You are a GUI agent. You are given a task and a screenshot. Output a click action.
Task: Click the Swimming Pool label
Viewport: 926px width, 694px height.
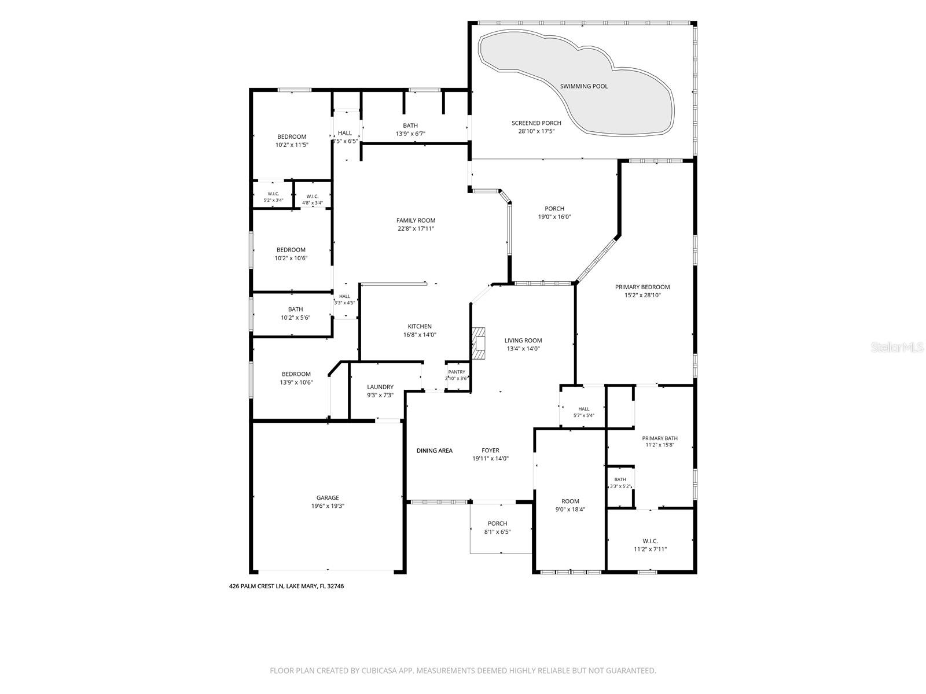point(583,86)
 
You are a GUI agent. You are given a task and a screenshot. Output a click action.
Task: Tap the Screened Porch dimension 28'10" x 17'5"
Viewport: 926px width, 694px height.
point(536,131)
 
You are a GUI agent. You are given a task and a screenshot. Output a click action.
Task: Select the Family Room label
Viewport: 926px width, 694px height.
point(416,220)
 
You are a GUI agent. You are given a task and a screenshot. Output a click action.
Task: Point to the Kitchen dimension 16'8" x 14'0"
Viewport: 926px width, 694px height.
point(420,335)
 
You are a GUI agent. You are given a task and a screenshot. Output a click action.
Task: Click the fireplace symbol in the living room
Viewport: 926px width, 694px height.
point(479,343)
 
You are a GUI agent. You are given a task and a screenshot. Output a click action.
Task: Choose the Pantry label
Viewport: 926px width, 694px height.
point(457,372)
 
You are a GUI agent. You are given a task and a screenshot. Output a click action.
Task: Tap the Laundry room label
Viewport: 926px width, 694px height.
point(380,387)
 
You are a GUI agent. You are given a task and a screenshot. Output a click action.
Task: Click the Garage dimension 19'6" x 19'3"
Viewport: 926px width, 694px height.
point(328,505)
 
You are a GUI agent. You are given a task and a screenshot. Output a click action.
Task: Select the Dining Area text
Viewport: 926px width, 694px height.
point(434,451)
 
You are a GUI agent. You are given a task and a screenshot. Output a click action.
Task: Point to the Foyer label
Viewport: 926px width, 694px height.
point(490,451)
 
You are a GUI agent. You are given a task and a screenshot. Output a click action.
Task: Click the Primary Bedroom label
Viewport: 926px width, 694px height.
point(642,287)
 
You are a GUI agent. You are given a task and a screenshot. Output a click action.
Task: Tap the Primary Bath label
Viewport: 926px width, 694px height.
point(660,438)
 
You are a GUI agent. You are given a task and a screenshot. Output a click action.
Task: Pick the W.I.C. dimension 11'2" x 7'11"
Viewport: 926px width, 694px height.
point(650,549)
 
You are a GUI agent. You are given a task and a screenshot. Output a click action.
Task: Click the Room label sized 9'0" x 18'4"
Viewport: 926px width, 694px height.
point(570,501)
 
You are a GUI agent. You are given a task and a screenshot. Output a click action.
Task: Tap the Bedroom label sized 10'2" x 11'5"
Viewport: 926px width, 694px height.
point(292,136)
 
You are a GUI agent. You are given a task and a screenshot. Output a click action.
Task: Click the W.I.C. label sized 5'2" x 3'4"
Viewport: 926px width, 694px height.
point(273,194)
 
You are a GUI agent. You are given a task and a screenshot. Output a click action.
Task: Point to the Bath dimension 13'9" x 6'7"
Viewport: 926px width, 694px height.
point(410,134)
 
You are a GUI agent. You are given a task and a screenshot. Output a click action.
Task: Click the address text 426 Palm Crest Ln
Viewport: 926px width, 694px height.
point(256,586)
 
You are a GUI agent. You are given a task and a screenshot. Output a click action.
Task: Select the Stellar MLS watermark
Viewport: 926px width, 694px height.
point(897,347)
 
